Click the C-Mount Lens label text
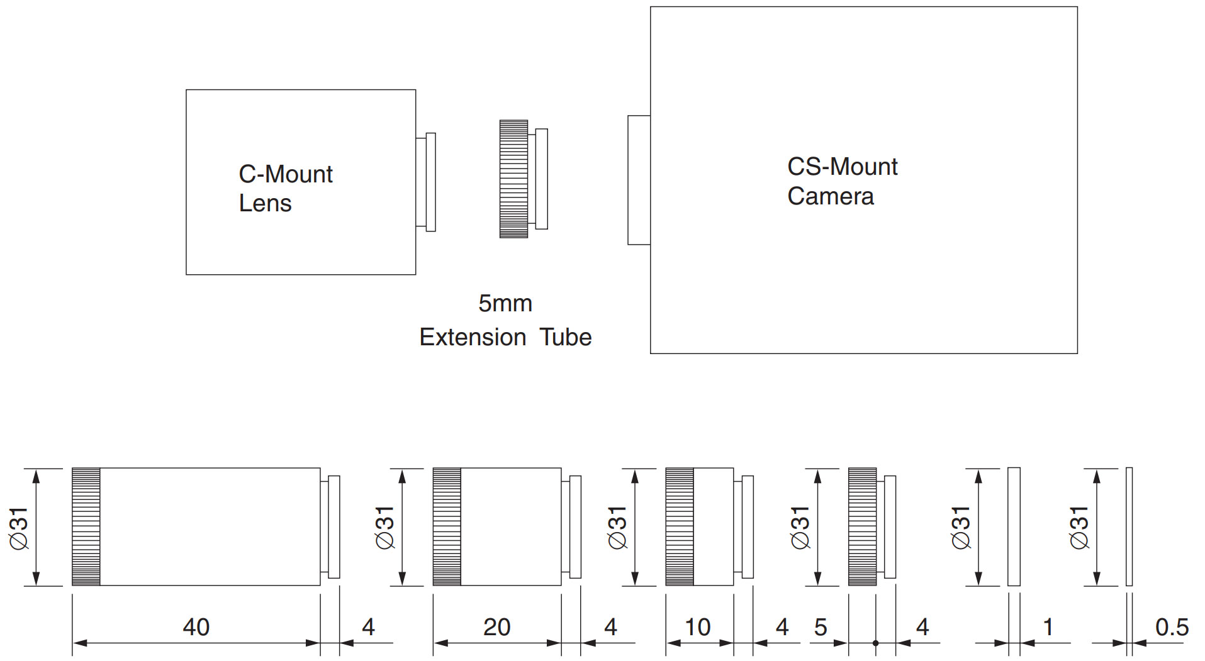click(286, 189)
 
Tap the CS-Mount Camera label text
click(843, 181)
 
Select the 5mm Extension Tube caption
click(505, 320)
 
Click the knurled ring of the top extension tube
click(513, 179)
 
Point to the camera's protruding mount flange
click(639, 180)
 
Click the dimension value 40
click(196, 627)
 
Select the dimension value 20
click(496, 627)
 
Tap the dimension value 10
click(697, 627)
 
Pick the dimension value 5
click(821, 627)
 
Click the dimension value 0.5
click(1172, 627)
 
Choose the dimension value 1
click(1048, 627)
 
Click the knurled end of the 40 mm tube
click(86, 527)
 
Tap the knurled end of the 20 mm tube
click(447, 527)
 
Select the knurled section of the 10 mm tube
click(680, 527)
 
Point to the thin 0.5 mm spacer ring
click(1129, 527)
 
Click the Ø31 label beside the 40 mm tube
click(19, 528)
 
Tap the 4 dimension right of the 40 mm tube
click(368, 627)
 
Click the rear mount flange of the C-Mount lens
click(426, 182)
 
